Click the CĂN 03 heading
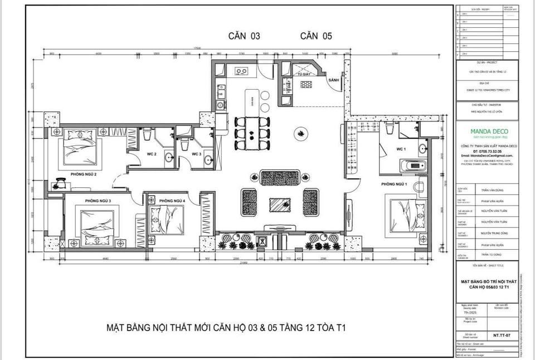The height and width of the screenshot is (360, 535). tap(244, 36)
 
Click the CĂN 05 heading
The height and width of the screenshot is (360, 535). tap(316, 36)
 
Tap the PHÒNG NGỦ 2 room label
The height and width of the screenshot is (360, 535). tap(84, 174)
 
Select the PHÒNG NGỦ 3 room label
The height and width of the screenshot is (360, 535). tap(98, 201)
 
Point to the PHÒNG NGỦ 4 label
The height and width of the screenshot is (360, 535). tap(172, 201)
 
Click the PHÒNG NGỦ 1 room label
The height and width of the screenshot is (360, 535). tap(395, 184)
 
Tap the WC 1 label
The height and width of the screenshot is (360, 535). tap(401, 149)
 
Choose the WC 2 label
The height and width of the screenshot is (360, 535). tap(151, 154)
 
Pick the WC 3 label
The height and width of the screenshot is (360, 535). tap(196, 154)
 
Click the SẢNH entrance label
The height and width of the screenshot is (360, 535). tap(334, 80)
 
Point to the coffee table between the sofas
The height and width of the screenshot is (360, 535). tap(279, 204)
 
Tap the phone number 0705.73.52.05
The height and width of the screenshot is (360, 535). tap(481, 152)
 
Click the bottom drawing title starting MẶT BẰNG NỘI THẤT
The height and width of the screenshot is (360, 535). tap(226, 327)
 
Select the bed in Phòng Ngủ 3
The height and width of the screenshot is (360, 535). tap(97, 225)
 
